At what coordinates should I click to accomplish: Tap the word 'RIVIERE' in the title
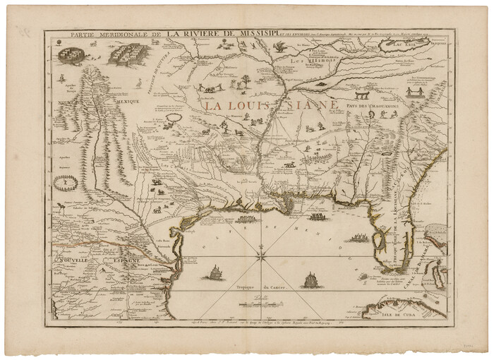pyautogui.click(x=210, y=32)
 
